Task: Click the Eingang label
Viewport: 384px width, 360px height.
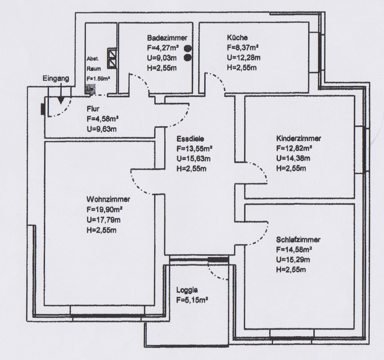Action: coord(56,79)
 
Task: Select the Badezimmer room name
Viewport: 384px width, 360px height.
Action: coord(167,38)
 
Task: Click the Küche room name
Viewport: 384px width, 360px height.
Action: coord(237,37)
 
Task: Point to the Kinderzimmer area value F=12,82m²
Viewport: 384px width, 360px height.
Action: coord(294,148)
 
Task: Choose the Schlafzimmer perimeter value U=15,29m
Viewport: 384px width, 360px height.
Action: coord(293,260)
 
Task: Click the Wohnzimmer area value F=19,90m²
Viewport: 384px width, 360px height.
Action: coord(105,209)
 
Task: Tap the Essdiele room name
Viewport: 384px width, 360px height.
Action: coord(190,139)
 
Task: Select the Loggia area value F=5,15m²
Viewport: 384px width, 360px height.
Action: coord(192,300)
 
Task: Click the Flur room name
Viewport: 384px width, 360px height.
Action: coord(93,109)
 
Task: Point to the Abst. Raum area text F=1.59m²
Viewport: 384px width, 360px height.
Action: coord(99,79)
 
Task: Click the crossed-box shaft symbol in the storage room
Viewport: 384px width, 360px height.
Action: coord(112,58)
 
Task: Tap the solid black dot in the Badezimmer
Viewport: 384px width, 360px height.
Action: coord(187,58)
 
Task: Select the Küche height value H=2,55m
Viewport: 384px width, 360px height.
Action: coord(242,68)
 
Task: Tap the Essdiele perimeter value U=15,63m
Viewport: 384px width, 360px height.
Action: coord(194,159)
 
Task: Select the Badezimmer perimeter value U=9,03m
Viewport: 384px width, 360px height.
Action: coord(162,58)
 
